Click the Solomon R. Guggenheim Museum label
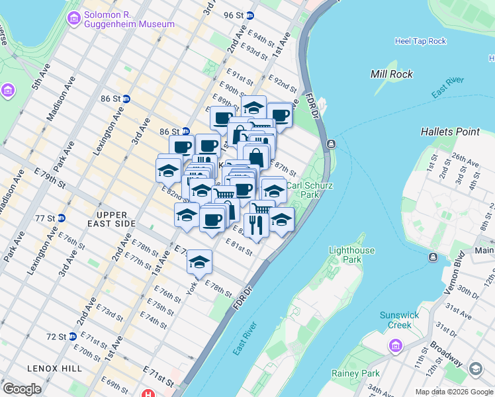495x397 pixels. click(129, 19)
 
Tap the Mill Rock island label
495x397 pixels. click(392, 74)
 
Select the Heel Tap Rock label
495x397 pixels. click(420, 41)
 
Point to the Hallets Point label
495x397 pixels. click(450, 132)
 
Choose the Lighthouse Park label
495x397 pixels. click(351, 255)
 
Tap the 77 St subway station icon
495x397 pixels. click(61, 218)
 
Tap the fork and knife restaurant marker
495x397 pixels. click(256, 224)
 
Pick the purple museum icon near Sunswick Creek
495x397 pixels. click(396, 345)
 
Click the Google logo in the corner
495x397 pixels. click(22, 389)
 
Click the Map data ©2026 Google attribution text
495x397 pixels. click(453, 392)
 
